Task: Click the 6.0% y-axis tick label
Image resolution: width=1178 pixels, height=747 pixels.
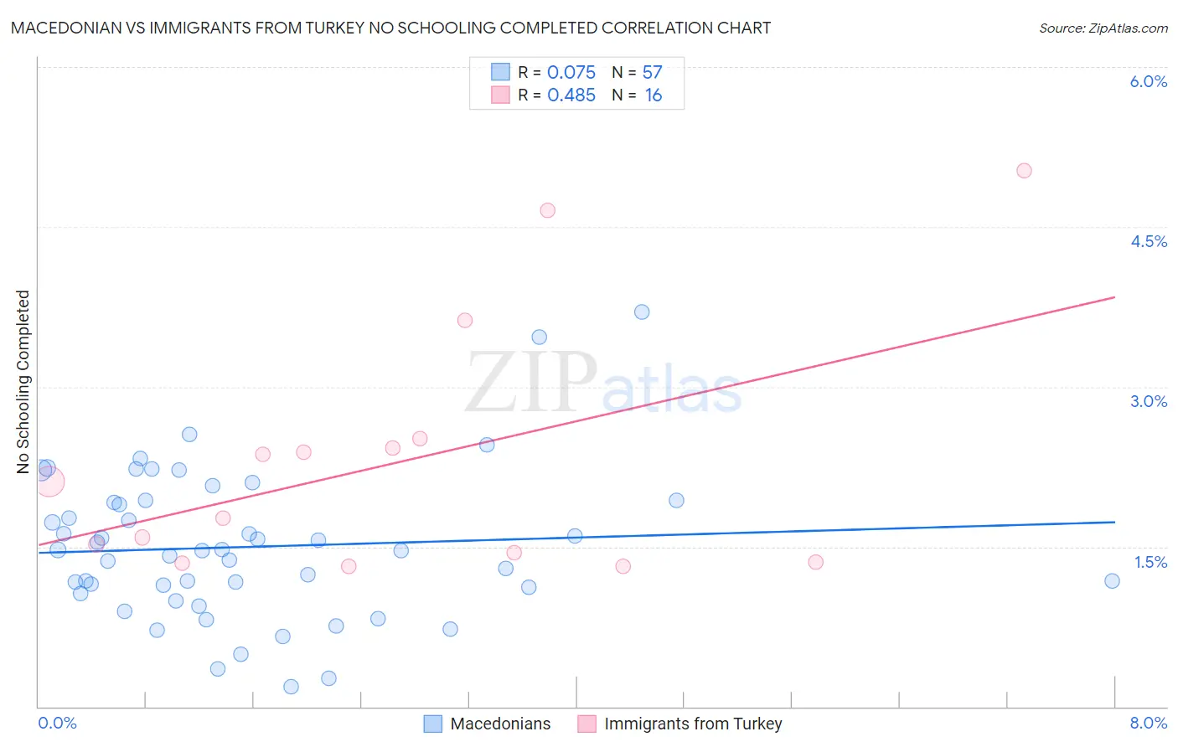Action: [1148, 81]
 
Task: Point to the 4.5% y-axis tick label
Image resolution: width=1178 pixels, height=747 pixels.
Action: [1148, 241]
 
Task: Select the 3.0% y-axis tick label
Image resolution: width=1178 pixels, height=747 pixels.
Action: [1148, 401]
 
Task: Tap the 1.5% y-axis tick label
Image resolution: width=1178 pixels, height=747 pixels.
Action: [1150, 562]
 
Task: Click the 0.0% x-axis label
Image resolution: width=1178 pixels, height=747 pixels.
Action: [57, 723]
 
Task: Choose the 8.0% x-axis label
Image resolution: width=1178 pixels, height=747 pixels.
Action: [1148, 723]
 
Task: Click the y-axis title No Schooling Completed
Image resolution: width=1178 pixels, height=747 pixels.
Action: [23, 382]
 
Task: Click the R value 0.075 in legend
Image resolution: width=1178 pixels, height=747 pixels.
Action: [571, 73]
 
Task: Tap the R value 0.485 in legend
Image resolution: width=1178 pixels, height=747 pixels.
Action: [571, 95]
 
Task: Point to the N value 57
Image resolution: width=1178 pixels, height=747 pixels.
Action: [652, 73]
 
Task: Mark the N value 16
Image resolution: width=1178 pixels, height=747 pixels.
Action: [653, 95]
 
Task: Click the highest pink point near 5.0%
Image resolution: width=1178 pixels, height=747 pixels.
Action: [1024, 171]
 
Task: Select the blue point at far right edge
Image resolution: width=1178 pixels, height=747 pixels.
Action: [1112, 581]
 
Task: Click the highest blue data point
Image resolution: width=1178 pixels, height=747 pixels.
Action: [642, 312]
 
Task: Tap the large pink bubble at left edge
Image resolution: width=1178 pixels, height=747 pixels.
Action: [49, 482]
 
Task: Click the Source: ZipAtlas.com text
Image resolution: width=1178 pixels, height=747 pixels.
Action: [1103, 28]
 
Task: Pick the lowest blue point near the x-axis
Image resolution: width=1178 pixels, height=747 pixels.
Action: [291, 687]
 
